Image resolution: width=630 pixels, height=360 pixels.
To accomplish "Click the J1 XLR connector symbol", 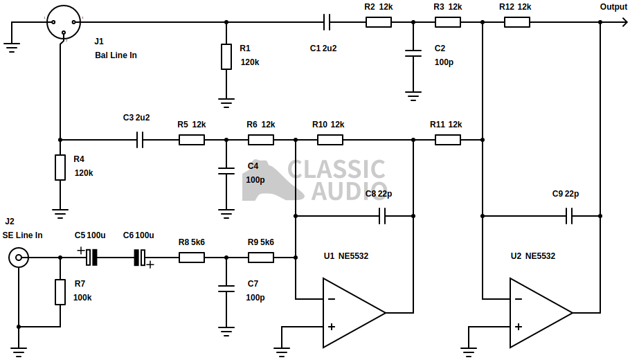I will tap(64, 22).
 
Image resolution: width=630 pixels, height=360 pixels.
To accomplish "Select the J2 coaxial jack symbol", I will tap(19, 258).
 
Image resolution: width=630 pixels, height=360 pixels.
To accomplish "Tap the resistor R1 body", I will tap(226, 56).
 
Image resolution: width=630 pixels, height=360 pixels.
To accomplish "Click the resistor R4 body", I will tap(60, 167).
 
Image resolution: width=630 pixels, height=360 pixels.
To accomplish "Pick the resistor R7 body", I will tap(60, 291).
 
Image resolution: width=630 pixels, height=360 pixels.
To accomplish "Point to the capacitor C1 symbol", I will tap(327, 22).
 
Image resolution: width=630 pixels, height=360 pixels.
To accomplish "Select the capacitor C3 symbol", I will tap(141, 140).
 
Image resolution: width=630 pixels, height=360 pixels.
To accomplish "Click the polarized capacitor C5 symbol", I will tap(91, 258).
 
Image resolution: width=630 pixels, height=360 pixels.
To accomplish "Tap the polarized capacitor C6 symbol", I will tap(140, 258).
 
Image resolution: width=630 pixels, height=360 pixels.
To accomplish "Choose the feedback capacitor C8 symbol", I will tap(382, 216).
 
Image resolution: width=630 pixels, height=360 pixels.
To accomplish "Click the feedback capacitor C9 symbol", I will tap(569, 216).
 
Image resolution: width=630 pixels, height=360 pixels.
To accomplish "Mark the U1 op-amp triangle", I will tap(351, 313).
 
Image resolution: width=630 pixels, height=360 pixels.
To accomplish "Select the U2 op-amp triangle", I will tap(538, 313).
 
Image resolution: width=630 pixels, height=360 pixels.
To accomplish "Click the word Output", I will tap(613, 7).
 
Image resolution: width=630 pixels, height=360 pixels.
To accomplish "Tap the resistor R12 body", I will tap(517, 22).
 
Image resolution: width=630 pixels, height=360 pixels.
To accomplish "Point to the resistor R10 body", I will tap(330, 140).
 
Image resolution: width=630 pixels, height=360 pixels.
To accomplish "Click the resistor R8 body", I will tap(192, 258).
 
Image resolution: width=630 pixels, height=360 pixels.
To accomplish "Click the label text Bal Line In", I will tap(116, 55).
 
